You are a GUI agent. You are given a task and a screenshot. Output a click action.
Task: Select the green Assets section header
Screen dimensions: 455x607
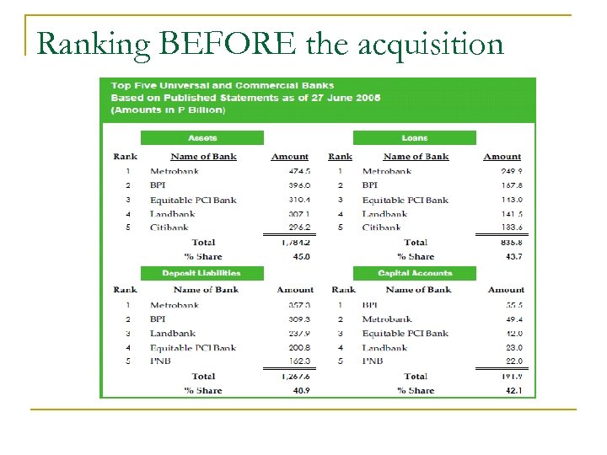[x=202, y=138]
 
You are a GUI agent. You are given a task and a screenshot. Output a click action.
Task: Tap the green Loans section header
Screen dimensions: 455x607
[x=415, y=138]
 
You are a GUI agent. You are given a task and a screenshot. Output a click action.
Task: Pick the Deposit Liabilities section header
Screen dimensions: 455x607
[x=202, y=273]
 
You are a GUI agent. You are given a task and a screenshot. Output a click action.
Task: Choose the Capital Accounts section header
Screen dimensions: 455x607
[x=415, y=273]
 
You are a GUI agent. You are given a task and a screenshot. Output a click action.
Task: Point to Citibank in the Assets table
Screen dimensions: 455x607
[x=169, y=227]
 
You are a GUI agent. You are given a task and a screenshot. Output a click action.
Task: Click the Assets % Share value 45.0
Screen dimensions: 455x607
[x=300, y=256]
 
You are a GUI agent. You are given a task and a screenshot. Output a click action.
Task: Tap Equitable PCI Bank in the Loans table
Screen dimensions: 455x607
[x=406, y=200]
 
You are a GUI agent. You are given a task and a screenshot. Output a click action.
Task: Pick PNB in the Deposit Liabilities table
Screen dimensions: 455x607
[x=161, y=361]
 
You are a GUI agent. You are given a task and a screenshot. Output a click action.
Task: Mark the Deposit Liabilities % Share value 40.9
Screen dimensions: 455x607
[x=300, y=390]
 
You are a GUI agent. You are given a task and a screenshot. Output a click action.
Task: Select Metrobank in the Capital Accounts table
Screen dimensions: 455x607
[x=387, y=319]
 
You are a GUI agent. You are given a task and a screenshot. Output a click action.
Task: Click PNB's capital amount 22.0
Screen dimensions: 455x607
[x=513, y=361]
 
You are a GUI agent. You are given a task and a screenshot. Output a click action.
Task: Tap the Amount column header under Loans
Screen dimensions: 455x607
[x=502, y=157]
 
